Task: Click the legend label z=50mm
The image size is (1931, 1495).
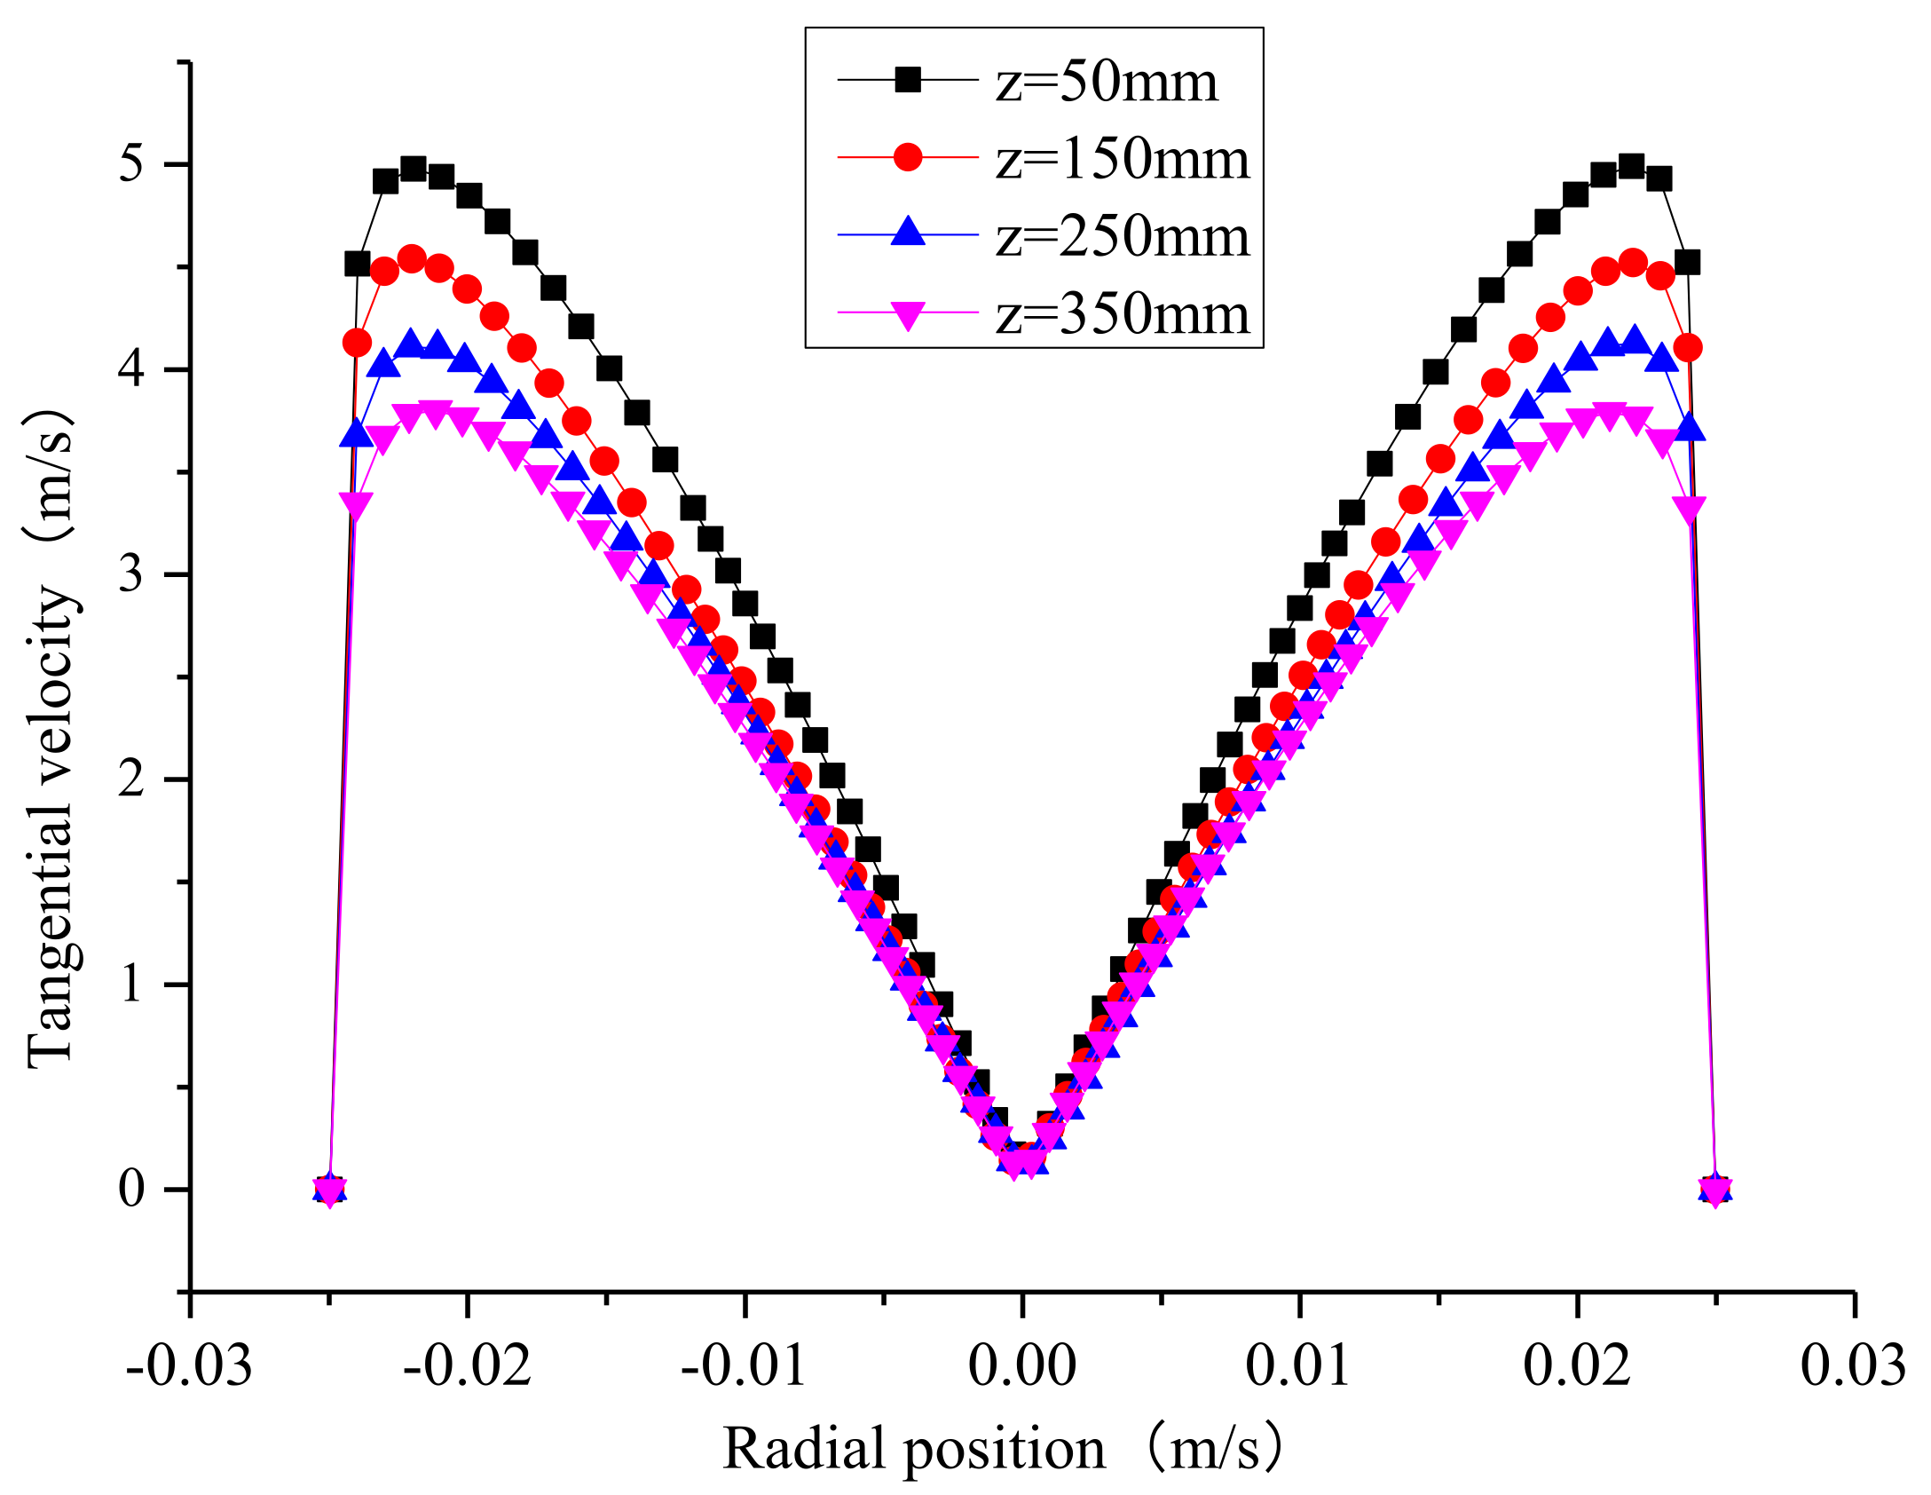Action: (x=1106, y=82)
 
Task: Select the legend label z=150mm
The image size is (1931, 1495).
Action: (x=1122, y=160)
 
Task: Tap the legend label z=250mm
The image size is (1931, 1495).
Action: (x=1122, y=237)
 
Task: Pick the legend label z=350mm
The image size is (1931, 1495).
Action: (x=1122, y=314)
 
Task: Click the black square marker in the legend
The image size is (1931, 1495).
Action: (x=907, y=81)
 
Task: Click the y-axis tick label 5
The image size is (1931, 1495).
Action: (x=131, y=164)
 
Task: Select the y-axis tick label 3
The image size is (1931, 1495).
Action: (x=131, y=574)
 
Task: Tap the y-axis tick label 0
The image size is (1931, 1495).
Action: (x=131, y=1189)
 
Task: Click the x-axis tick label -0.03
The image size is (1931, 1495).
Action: (x=189, y=1364)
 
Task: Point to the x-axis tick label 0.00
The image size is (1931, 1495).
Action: (x=1022, y=1364)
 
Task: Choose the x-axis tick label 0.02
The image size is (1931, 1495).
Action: (x=1577, y=1364)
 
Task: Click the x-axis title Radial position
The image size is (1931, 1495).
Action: (x=914, y=1450)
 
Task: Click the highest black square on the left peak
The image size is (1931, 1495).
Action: (x=413, y=169)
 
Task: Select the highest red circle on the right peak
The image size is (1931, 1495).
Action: (x=1633, y=262)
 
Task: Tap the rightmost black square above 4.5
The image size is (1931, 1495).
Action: (x=1687, y=263)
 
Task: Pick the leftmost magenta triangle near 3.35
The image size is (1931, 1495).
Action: (x=356, y=504)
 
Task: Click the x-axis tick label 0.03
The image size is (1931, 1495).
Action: (x=1853, y=1364)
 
